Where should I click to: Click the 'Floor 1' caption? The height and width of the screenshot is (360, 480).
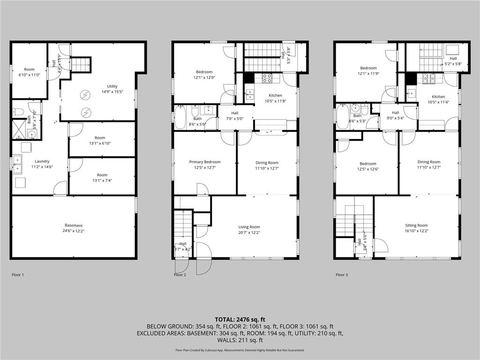[x=17, y=275]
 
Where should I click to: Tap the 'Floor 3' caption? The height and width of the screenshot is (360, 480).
[x=342, y=275]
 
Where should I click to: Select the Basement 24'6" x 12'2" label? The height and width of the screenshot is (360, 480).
[x=73, y=228]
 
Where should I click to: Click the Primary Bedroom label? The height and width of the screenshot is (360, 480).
[x=205, y=165]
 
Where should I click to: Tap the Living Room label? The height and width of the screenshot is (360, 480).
[x=249, y=229]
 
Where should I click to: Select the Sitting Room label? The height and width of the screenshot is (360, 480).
[x=416, y=228]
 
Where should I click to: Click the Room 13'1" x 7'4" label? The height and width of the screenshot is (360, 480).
[x=102, y=177]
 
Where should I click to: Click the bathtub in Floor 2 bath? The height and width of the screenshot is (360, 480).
[x=180, y=117]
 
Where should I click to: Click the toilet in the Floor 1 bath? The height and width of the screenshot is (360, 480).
[x=18, y=112]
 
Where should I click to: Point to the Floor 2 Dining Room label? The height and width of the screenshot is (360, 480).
[x=267, y=165]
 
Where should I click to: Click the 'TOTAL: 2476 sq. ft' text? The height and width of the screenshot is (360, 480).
[x=240, y=319]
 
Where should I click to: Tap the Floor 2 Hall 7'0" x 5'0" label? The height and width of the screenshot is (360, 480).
[x=234, y=115]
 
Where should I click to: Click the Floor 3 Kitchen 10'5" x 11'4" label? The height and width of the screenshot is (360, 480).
[x=438, y=99]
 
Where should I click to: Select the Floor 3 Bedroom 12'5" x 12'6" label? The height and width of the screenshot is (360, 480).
[x=367, y=166]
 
